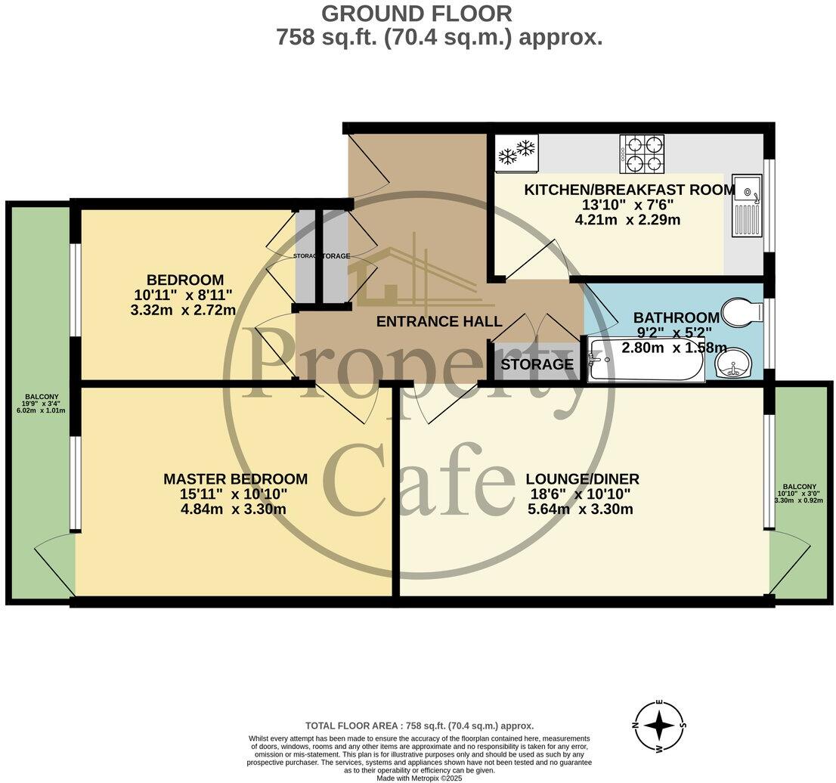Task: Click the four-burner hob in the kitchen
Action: pyautogui.click(x=642, y=154)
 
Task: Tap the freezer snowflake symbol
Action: pyautogui.click(x=516, y=153)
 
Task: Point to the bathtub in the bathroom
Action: pyautogui.click(x=646, y=361)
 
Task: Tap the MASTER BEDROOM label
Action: pyautogui.click(x=235, y=479)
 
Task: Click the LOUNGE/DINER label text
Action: pyautogui.click(x=582, y=479)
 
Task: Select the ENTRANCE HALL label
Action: pyautogui.click(x=439, y=322)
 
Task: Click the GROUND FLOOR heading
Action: pyautogui.click(x=416, y=13)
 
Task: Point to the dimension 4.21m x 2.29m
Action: pyautogui.click(x=627, y=221)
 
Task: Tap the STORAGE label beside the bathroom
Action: pyautogui.click(x=537, y=364)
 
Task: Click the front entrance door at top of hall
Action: pyautogui.click(x=370, y=166)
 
